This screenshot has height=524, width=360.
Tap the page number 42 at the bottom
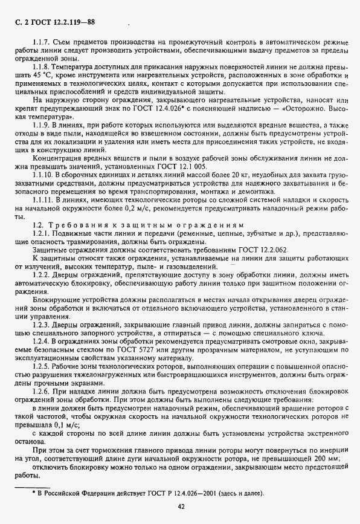pos(181,506)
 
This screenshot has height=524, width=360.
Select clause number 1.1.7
pos(43,42)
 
